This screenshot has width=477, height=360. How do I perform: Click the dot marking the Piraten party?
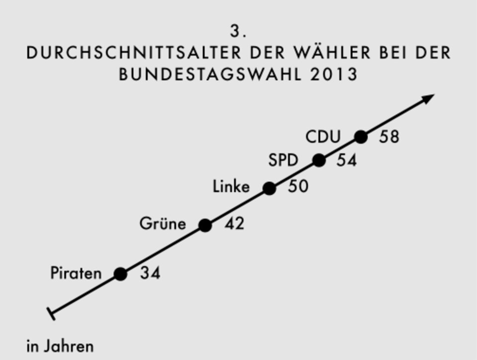pos(120,274)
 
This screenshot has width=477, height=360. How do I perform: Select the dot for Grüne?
pos(205,225)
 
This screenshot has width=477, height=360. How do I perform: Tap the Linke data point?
pos(269,188)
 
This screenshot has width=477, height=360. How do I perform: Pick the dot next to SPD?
pos(319,160)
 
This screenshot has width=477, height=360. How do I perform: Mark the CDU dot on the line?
pos(361,137)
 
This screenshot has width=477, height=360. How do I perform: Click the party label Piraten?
pos(76,273)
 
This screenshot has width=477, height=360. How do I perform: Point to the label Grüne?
pos(162,224)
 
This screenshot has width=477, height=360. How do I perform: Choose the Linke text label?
pos(231,187)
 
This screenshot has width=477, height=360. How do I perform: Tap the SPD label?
pos(283,161)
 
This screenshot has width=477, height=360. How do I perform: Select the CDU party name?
pos(323,137)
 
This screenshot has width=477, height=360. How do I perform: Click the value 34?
pos(150,273)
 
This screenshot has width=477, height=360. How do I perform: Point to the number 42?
pos(234,224)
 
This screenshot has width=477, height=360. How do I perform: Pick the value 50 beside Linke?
pos(298,187)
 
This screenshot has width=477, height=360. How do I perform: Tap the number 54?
pos(346,161)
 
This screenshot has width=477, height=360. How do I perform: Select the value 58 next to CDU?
pos(389,137)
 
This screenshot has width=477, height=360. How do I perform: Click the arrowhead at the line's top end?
pos(428,98)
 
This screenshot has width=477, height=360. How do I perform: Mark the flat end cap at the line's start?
pos(51,314)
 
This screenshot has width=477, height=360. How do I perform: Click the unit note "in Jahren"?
pos(60,346)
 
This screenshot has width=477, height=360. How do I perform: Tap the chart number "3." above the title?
pos(238,31)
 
